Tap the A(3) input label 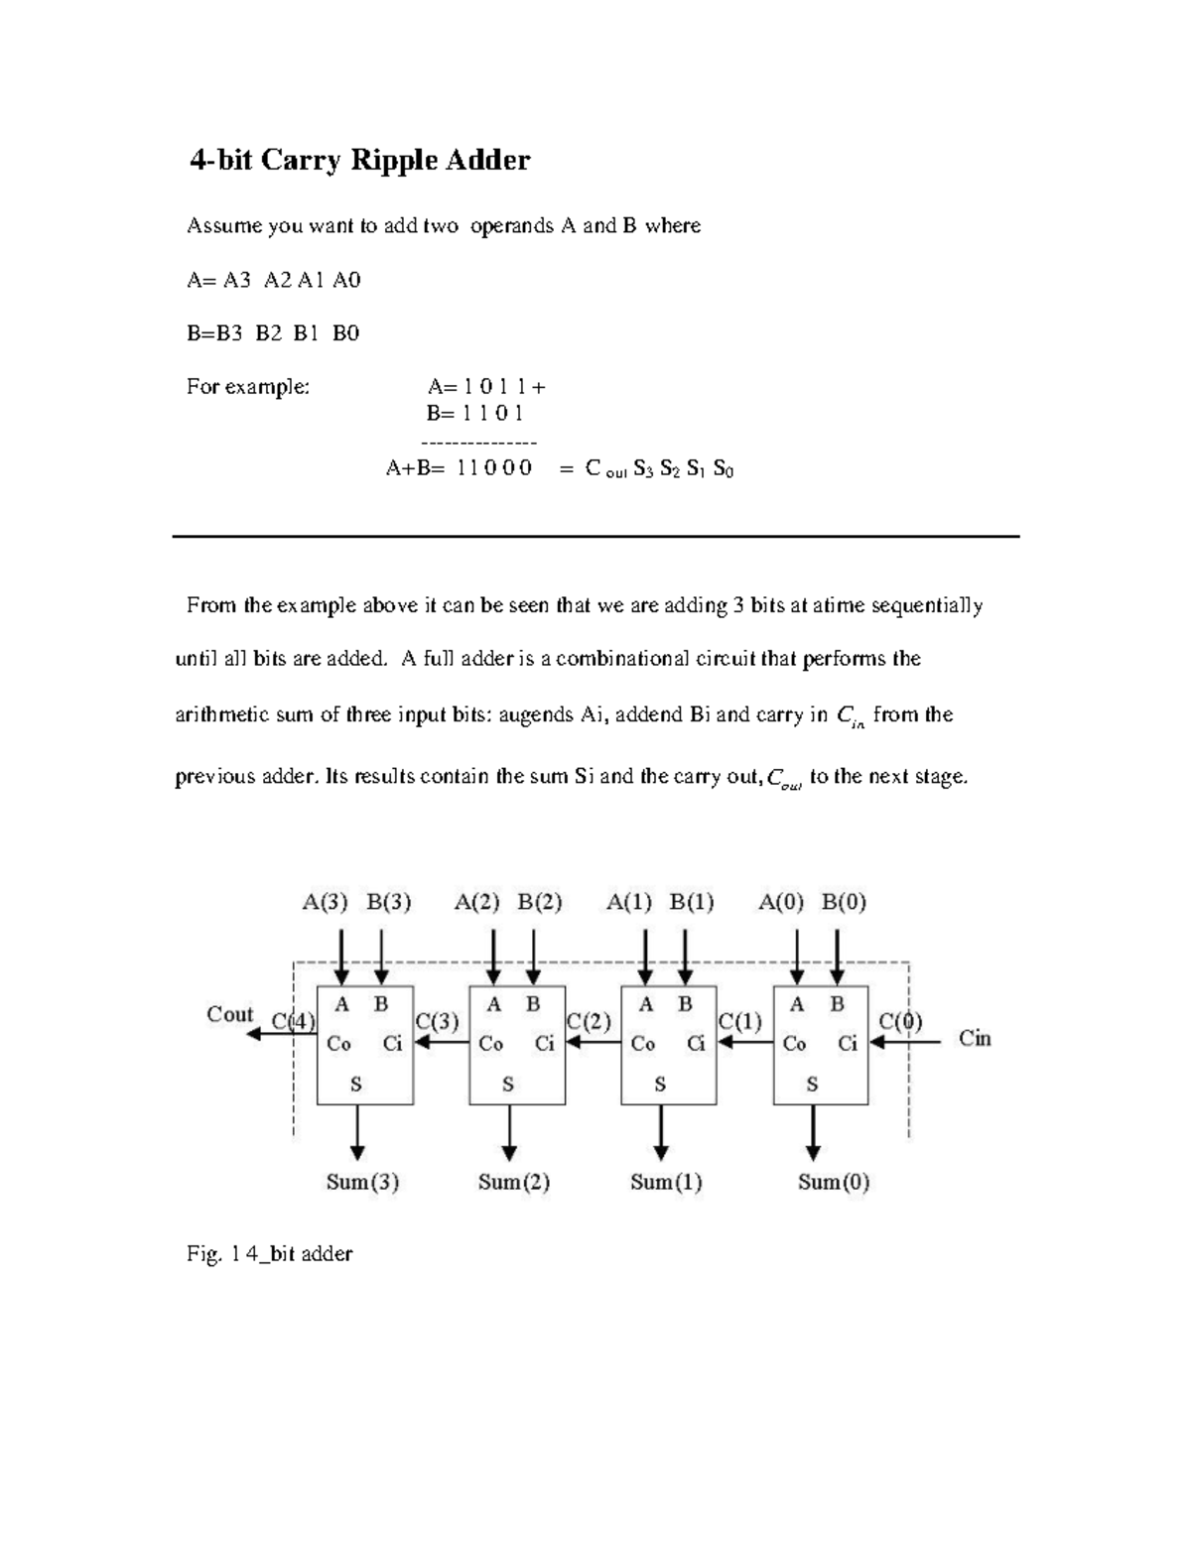tap(326, 902)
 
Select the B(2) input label tap(540, 902)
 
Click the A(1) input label tap(629, 902)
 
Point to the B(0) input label tap(844, 902)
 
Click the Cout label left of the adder tap(229, 1014)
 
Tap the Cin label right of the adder tap(975, 1038)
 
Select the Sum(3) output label tap(362, 1182)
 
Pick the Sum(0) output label tap(834, 1182)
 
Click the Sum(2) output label tap(514, 1182)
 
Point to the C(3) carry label tap(437, 1021)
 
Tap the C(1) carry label tap(740, 1021)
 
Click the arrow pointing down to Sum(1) tap(660, 1132)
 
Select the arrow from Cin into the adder tap(905, 1043)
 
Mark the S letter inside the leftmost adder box tap(356, 1085)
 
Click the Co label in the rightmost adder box tap(794, 1044)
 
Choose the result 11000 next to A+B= tap(494, 467)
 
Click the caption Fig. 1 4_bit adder tap(269, 1254)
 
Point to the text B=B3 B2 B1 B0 tap(273, 333)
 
